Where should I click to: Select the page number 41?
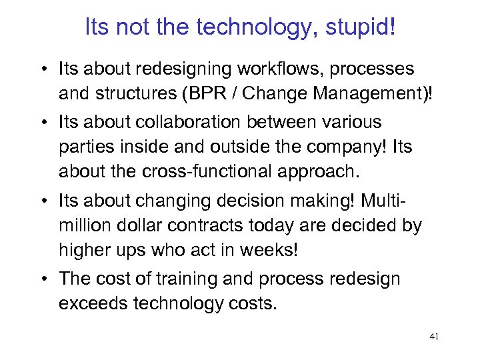435,337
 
